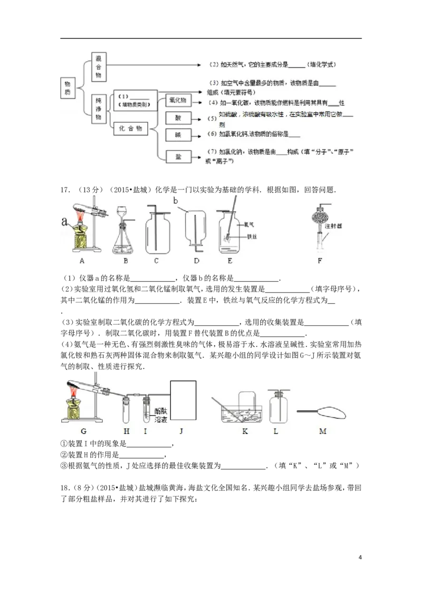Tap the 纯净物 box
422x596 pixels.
[x=98, y=109]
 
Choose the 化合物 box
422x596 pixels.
[x=131, y=128]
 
